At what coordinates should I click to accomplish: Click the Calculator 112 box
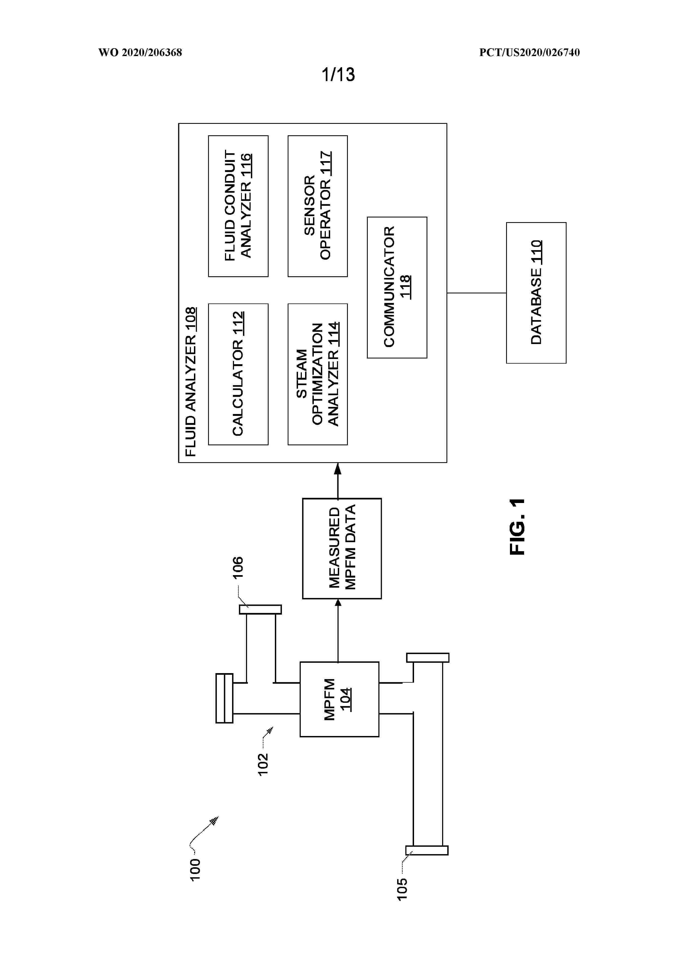pos(238,374)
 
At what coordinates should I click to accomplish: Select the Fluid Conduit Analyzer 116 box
pos(238,206)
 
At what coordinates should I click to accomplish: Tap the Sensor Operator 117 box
pos(318,206)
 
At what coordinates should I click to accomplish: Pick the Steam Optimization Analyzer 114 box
pos(318,374)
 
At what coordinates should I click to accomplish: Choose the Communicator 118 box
pos(397,287)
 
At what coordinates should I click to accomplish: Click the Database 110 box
pos(536,293)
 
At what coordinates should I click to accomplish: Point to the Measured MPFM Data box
pos(342,548)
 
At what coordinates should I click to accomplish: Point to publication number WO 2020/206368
pos(140,52)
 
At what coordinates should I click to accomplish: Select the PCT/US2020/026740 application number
pos(530,52)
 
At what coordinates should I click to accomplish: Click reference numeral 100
pos(195,870)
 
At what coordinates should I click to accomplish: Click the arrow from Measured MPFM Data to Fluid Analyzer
pos(338,480)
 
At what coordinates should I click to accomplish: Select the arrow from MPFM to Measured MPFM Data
pos(338,630)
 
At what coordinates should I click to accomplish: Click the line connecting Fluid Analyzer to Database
pos(477,293)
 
